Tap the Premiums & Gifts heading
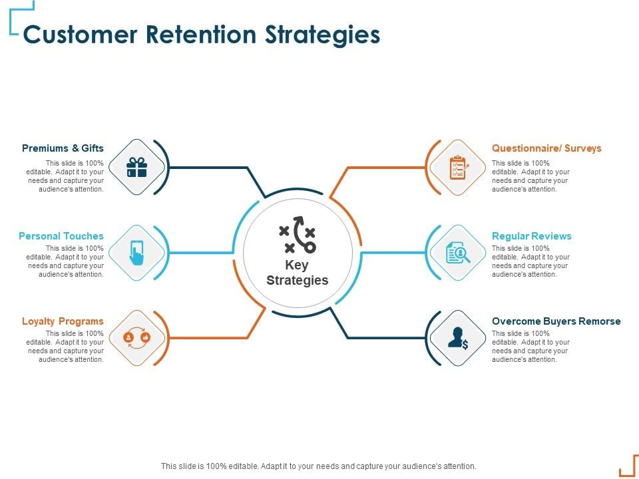[x=63, y=148]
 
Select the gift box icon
[x=136, y=167]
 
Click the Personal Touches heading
[x=61, y=236]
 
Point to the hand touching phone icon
[x=136, y=253]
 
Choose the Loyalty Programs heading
[x=63, y=321]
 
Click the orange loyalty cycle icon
[x=136, y=338]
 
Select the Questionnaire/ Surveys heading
[x=546, y=148]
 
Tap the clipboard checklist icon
[x=458, y=167]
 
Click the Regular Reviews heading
[x=531, y=236]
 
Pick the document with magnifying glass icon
[x=458, y=253]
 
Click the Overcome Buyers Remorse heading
[x=556, y=321]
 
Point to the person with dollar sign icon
[x=458, y=338]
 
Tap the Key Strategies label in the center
[x=297, y=273]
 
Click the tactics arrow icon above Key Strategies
[x=297, y=235]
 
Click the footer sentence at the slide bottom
[x=319, y=466]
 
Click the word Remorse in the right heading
[x=600, y=321]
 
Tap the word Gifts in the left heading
[x=93, y=148]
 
